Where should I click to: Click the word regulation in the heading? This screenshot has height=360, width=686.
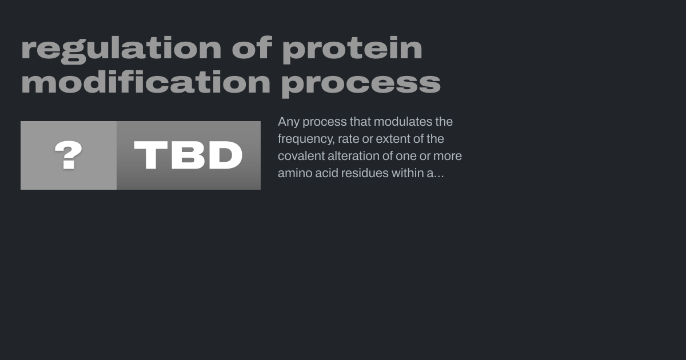pyautogui.click(x=121, y=50)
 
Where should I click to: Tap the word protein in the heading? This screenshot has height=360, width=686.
pyautogui.click(x=352, y=50)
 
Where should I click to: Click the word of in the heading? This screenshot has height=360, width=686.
pyautogui.click(x=252, y=47)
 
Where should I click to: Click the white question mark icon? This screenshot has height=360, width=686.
pyautogui.click(x=68, y=155)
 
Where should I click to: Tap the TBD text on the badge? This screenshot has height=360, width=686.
pyautogui.click(x=188, y=155)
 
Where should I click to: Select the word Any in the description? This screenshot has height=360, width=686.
pyautogui.click(x=289, y=122)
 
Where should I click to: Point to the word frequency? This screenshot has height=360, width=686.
pyautogui.click(x=306, y=139)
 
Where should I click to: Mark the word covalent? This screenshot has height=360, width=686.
pyautogui.click(x=301, y=156)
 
